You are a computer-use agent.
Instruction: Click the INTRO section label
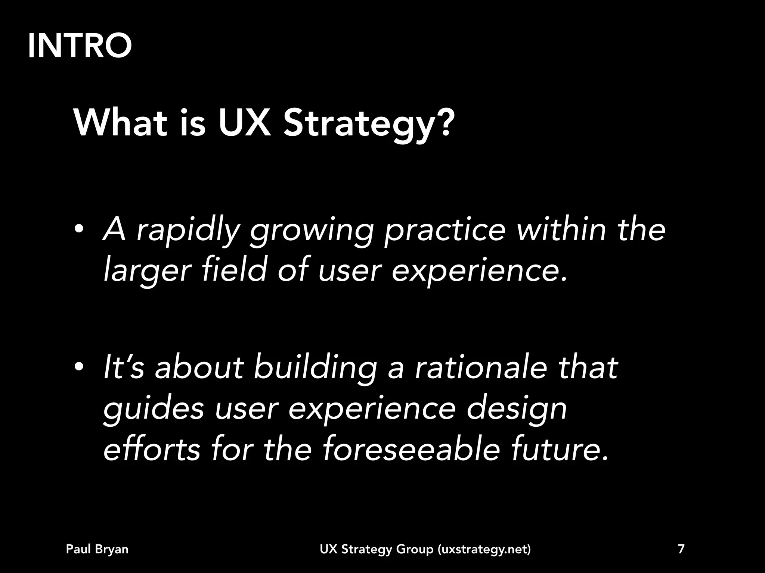[x=80, y=46]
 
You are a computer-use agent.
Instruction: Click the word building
[x=315, y=369]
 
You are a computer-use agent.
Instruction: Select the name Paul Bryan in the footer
[x=97, y=549]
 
